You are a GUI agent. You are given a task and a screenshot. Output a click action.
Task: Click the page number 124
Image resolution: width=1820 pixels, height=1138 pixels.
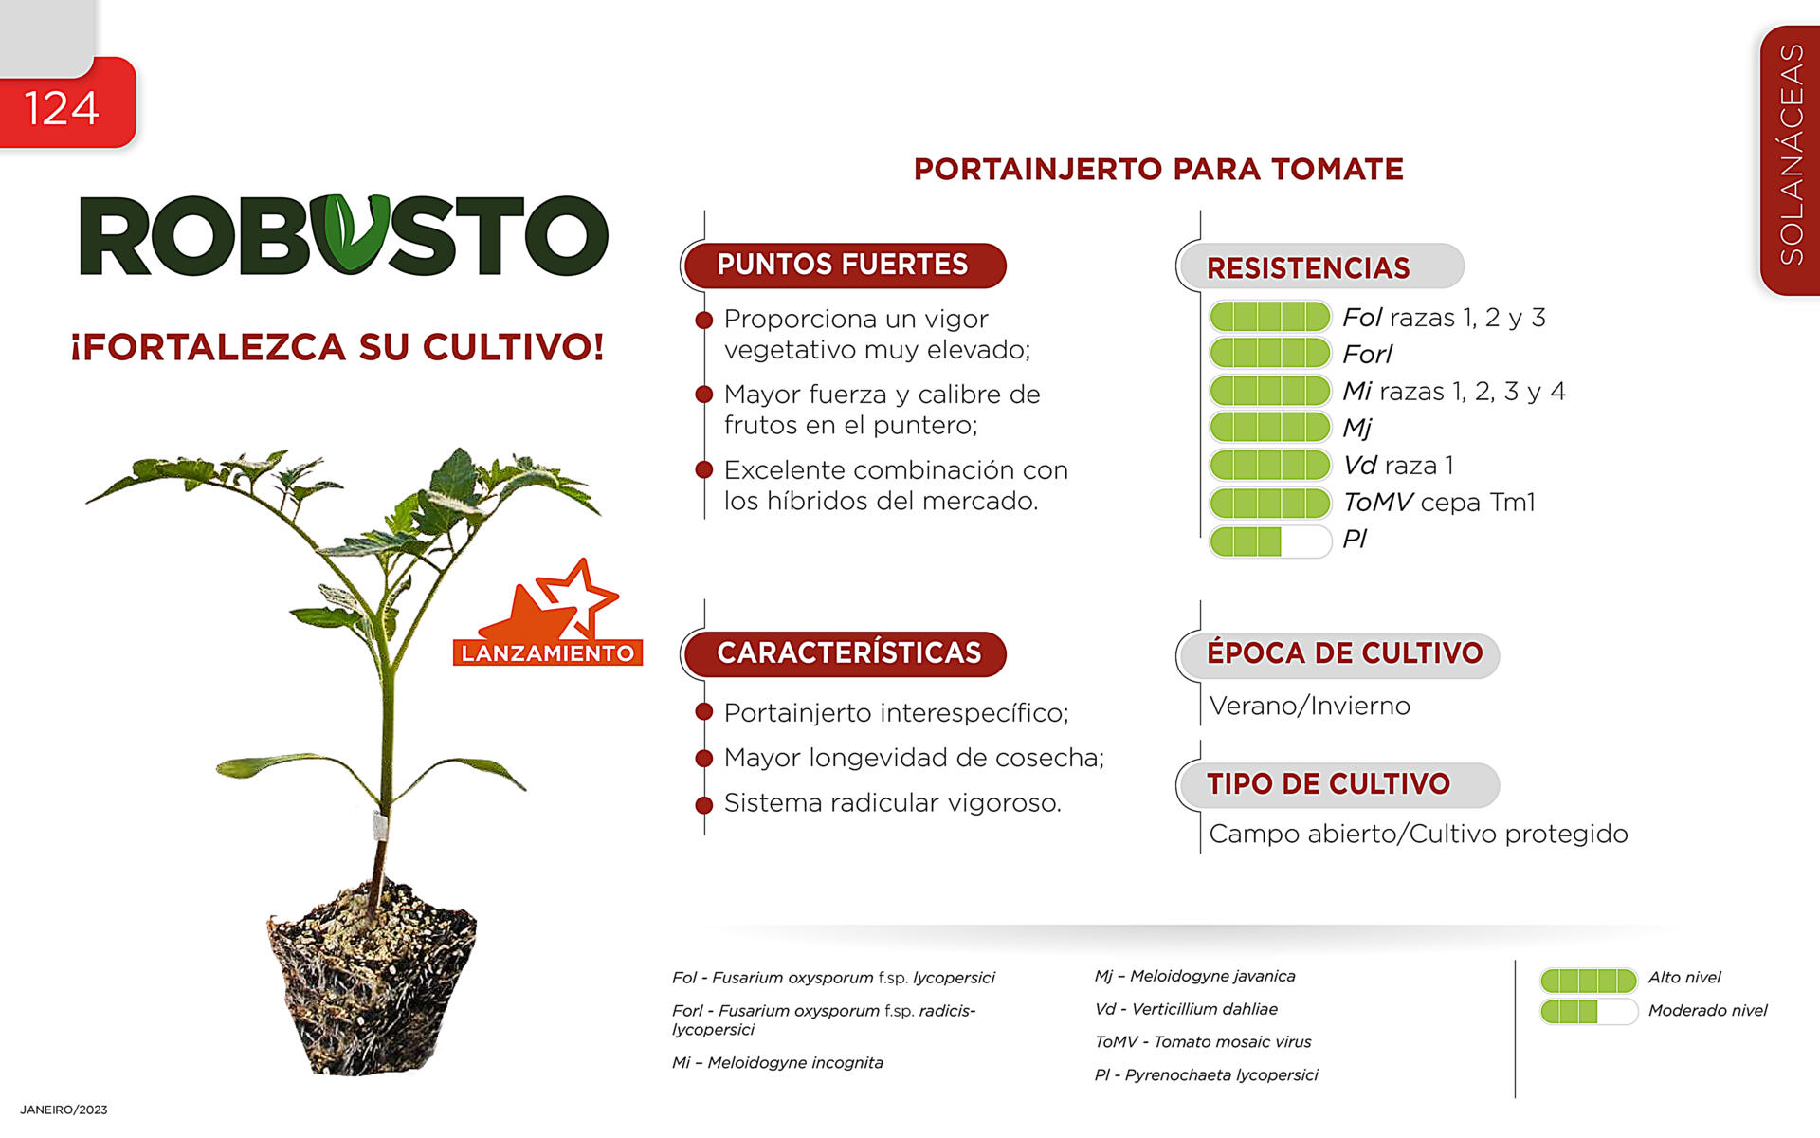(61, 108)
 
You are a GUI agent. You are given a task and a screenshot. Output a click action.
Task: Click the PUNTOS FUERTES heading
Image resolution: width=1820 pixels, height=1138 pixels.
(843, 265)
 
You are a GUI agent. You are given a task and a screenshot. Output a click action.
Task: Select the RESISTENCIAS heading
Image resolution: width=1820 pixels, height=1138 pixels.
(1308, 268)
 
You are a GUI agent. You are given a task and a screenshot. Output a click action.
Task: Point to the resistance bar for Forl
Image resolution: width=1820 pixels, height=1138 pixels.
(1270, 353)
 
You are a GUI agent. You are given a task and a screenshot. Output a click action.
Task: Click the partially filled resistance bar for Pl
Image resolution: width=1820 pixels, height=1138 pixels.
(1270, 541)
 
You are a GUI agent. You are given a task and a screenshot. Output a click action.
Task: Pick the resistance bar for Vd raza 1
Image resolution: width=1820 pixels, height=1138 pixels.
(1270, 465)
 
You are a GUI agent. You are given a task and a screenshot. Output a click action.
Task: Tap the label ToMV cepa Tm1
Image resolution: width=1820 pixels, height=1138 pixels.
(1439, 502)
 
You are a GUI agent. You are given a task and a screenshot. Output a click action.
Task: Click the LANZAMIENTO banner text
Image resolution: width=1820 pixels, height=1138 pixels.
(548, 653)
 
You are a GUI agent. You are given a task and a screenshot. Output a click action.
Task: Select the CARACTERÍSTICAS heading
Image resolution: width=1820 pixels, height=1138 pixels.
(849, 653)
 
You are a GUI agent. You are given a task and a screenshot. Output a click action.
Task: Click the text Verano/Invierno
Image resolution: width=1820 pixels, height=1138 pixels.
(1310, 707)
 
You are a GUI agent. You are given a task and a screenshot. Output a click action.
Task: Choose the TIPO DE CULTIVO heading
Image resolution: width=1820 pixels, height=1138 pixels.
(1328, 784)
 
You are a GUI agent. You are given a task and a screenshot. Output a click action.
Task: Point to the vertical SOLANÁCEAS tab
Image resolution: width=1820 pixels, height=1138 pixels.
(1791, 159)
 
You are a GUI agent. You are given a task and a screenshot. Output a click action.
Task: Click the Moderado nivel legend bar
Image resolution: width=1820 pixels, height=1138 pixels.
(1589, 1012)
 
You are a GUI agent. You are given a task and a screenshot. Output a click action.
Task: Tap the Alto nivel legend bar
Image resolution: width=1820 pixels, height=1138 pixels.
(1589, 980)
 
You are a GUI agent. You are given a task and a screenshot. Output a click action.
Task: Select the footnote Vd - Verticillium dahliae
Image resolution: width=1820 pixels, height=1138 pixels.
(1186, 1009)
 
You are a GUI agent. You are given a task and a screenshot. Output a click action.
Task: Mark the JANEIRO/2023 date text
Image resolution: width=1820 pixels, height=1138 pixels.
(64, 1110)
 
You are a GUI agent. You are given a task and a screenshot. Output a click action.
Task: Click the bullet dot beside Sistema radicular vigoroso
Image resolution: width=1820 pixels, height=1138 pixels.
(703, 805)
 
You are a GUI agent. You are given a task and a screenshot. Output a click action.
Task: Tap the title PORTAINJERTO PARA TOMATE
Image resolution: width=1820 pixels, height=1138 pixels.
(1158, 169)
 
